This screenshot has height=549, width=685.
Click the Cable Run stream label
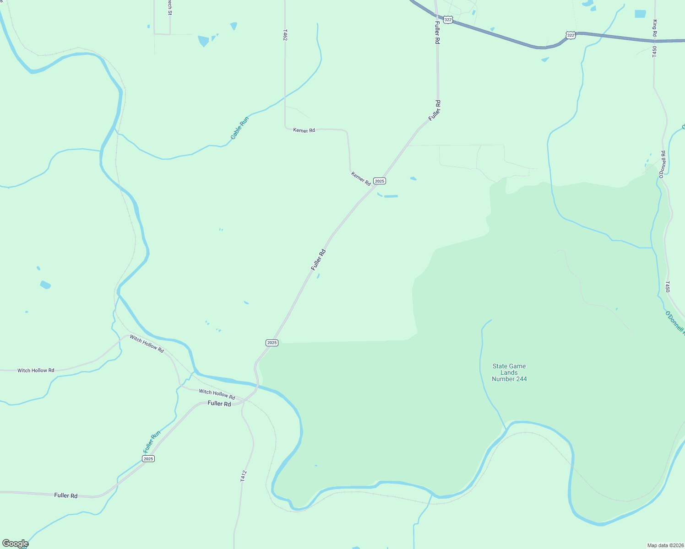[x=239, y=128]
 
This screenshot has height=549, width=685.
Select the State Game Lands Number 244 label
[x=509, y=372]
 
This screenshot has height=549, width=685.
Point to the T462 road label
[x=285, y=35]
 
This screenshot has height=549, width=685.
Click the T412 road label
[x=243, y=476]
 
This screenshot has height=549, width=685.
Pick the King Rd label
[x=655, y=28]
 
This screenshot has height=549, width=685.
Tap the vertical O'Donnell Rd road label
[x=662, y=164]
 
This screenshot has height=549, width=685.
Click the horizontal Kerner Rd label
[x=304, y=130]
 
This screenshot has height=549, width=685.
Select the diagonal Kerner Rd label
[x=361, y=178]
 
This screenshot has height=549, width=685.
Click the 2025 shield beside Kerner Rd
[x=379, y=181]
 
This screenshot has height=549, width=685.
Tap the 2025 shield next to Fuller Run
[x=148, y=458]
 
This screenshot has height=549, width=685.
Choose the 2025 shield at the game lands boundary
[x=272, y=343]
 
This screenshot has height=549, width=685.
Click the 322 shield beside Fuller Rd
[x=448, y=20]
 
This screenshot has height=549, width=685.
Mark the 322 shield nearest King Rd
[x=570, y=35]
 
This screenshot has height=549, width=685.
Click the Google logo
[x=15, y=544]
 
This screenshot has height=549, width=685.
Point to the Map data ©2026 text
[x=664, y=545]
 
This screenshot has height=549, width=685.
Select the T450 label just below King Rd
[x=654, y=51]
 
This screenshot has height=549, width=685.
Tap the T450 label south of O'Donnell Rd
[x=668, y=286]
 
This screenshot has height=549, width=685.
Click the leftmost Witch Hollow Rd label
[x=36, y=370]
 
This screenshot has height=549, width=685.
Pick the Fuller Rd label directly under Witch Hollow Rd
[x=219, y=404]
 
